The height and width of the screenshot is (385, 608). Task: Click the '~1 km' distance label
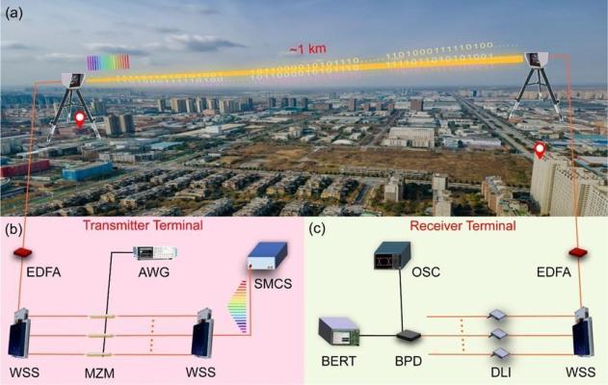coord(307,49)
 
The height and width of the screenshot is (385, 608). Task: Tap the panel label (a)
coord(14,13)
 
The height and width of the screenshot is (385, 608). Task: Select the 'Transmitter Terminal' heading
coord(143,225)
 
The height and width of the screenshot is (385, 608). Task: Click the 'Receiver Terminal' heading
coord(463,225)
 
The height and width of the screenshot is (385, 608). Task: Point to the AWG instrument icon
coord(155,252)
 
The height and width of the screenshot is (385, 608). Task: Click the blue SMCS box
coord(268,256)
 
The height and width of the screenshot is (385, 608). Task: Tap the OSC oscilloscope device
coord(392,255)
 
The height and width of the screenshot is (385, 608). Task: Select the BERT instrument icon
coord(338,331)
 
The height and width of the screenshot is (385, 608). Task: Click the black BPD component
coord(409,335)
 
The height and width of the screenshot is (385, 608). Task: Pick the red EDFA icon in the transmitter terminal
coord(23,252)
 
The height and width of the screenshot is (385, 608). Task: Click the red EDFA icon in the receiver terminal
coord(578,252)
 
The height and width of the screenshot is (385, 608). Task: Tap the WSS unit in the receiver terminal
coord(583,332)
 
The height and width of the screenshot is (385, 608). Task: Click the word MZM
coord(99,373)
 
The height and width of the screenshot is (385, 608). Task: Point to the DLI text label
coord(501,372)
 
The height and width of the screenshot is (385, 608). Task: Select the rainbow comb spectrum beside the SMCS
coord(237,306)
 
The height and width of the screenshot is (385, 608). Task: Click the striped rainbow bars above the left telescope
coord(108,63)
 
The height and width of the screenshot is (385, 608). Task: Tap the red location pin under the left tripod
coord(79,119)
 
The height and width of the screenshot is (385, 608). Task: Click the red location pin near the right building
coord(540,150)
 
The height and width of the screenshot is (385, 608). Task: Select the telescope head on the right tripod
coord(537,59)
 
